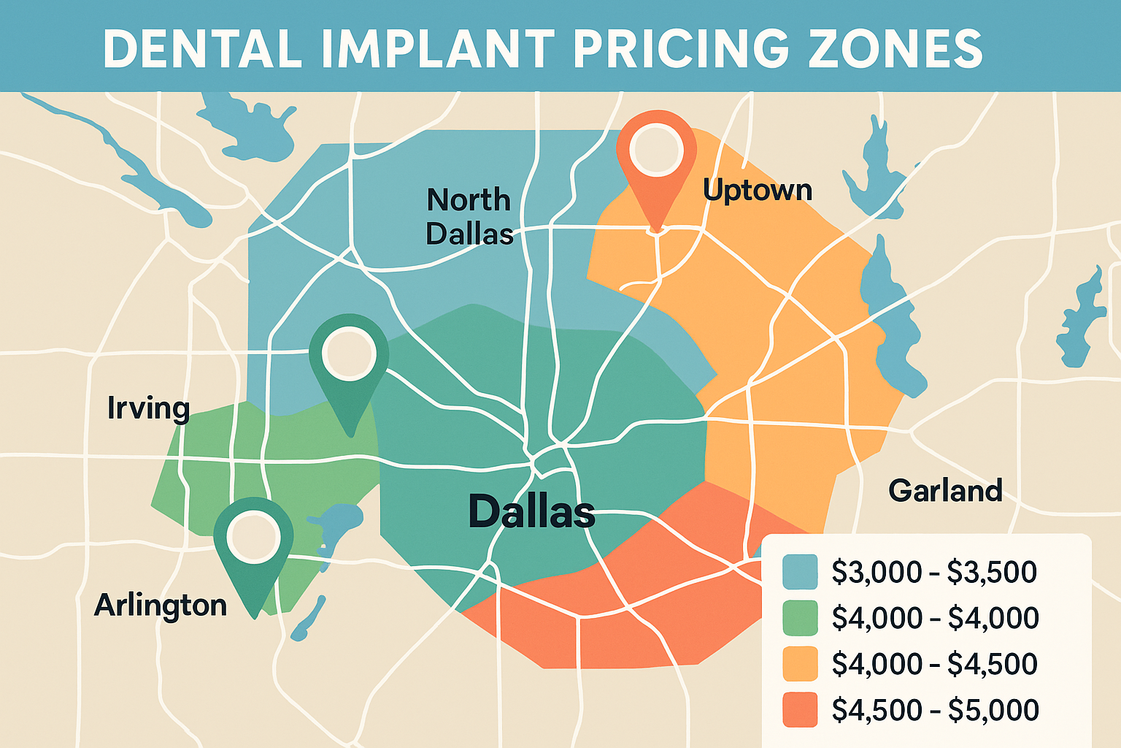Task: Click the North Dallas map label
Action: pos(469,216)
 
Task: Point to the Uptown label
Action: pos(758,190)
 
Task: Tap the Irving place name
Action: pos(148,408)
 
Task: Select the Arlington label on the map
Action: pos(161,606)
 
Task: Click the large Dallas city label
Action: pos(531,511)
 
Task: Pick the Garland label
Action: pos(945,490)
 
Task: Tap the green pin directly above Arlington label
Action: pos(253,541)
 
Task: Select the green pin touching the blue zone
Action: pos(348,358)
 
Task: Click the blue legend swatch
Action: pos(800,572)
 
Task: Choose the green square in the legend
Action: pos(800,618)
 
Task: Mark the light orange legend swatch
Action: pos(800,664)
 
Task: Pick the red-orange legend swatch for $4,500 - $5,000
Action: pos(800,710)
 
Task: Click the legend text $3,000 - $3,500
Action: pos(934,572)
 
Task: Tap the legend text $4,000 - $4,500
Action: pos(934,664)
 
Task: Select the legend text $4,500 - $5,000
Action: pos(934,710)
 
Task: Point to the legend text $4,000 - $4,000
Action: pos(934,618)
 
